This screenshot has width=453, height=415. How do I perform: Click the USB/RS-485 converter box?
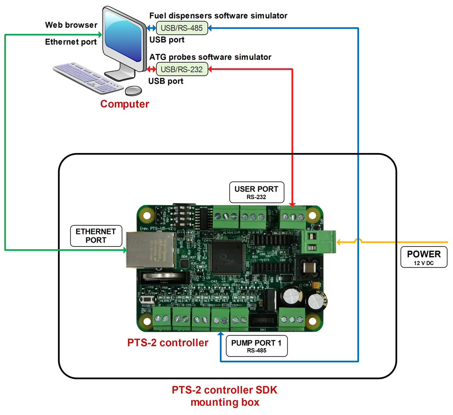click(182, 28)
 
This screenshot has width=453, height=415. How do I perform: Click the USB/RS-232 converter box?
click(182, 70)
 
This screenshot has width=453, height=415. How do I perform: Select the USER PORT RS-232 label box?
click(256, 192)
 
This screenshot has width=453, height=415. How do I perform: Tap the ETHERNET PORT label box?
click(96, 236)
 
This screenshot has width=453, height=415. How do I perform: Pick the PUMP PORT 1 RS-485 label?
click(256, 346)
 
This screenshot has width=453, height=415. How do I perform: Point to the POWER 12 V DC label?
click(424, 257)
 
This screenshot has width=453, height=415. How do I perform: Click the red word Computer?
click(125, 104)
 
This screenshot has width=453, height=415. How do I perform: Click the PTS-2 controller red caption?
click(168, 343)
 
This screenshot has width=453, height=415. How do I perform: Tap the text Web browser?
click(71, 25)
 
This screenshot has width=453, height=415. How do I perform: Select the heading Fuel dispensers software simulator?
click(218, 16)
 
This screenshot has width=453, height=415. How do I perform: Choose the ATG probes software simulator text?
click(210, 57)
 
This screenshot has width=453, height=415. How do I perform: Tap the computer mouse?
click(133, 91)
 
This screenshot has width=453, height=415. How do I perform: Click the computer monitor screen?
click(123, 38)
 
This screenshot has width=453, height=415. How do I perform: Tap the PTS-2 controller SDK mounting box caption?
click(225, 396)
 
